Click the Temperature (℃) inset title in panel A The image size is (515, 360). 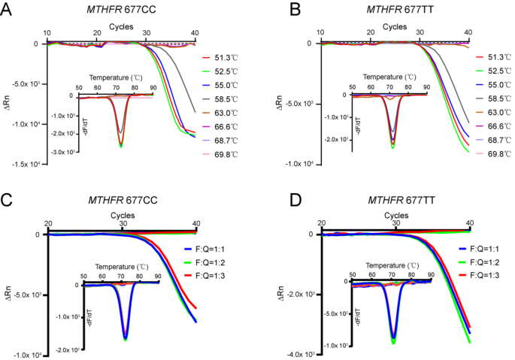(x=117, y=77)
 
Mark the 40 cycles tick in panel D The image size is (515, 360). (x=469, y=223)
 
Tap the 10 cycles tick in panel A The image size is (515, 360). (x=47, y=34)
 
